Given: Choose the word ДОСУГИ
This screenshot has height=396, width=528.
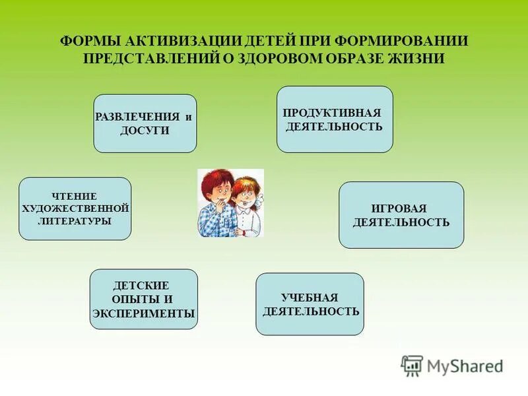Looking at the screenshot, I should tap(145, 131).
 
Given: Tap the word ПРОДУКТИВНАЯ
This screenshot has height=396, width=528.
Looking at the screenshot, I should tap(333, 112).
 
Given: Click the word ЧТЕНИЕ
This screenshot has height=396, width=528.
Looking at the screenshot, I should tap(75, 196).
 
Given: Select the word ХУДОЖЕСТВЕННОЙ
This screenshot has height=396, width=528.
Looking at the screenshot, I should tap(75, 209).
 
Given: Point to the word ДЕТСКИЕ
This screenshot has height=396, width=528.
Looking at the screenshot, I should tap(141, 285).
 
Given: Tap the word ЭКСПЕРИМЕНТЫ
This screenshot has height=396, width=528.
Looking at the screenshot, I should tap(144, 313).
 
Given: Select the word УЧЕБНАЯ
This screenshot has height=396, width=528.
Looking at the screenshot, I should tap(310, 298).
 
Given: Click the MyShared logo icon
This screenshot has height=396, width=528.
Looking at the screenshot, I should tap(412, 364).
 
